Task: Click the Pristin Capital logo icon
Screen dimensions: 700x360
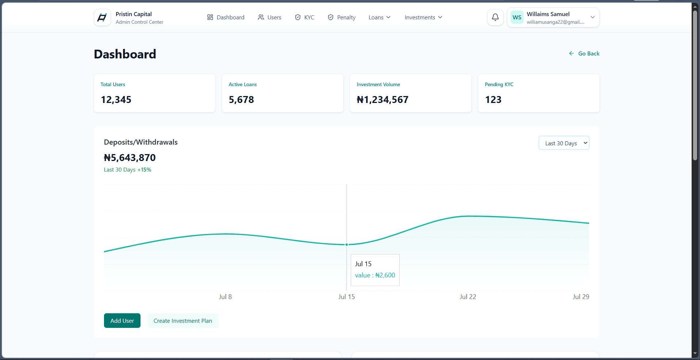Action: coord(102,18)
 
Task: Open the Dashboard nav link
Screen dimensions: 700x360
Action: coord(226,18)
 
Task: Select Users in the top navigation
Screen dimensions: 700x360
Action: coord(269,18)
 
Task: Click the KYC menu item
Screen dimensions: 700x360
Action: coord(304,18)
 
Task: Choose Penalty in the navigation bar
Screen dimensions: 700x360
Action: coord(342,18)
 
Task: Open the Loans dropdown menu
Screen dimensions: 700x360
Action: coord(380,18)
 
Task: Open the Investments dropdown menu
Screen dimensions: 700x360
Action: coord(423,18)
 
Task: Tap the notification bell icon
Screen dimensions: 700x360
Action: coord(495,17)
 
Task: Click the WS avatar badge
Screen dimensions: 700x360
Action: coord(517,18)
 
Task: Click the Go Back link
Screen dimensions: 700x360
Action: coord(584,54)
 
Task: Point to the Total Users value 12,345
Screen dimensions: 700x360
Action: coord(116,100)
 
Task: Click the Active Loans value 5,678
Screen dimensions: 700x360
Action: coord(241,100)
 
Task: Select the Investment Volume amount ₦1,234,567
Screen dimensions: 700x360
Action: coord(382,100)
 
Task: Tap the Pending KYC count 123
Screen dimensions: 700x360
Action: coord(493,100)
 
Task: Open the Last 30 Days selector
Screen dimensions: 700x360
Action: coord(564,143)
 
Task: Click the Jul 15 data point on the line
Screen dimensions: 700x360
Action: coord(347,245)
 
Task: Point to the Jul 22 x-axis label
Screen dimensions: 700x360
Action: coord(468,297)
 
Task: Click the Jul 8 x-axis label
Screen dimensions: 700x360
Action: coord(225,297)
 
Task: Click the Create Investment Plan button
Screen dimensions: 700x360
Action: coord(183,321)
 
